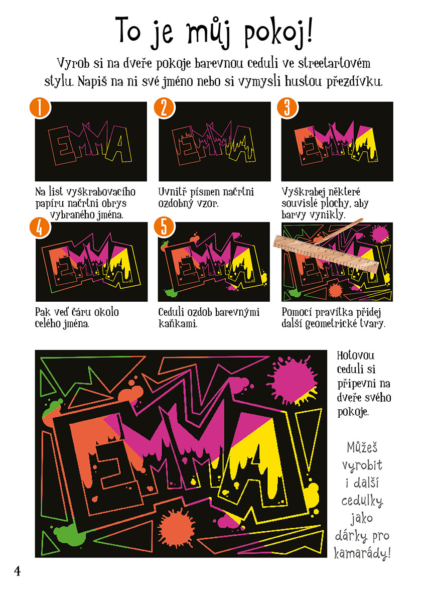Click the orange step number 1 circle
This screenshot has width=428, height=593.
tap(40, 107)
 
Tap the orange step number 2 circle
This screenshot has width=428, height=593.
tap(164, 107)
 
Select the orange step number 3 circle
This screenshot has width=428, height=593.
tap(288, 107)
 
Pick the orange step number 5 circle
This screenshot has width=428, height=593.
tap(164, 227)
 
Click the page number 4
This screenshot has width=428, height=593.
tap(18, 571)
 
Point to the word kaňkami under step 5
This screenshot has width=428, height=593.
tap(178, 324)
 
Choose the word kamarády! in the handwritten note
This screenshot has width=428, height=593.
tap(362, 553)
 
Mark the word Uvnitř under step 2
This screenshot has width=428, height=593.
tap(173, 192)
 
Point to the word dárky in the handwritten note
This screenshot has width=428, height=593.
tap(351, 536)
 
